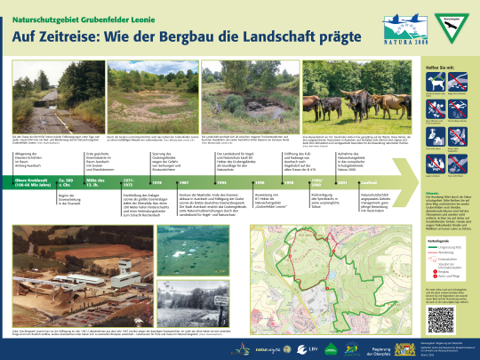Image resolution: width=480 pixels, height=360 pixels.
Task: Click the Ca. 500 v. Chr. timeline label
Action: pyautogui.click(x=64, y=183)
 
